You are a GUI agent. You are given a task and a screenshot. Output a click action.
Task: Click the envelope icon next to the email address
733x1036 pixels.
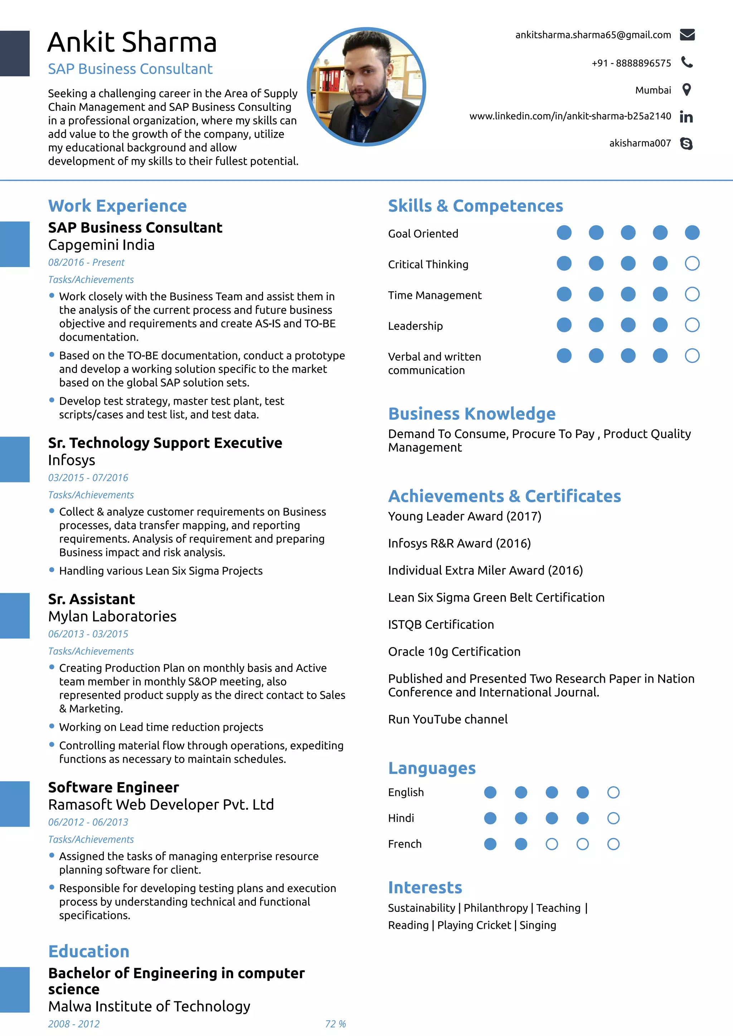coord(687,35)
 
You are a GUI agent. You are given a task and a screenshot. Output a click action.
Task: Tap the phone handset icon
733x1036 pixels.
coord(686,62)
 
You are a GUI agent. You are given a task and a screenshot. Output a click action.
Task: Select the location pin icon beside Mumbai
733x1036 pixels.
coord(686,90)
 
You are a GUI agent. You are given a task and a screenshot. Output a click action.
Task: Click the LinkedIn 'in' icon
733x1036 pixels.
coord(686,117)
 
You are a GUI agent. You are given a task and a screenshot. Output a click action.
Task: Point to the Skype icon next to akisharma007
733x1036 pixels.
coord(686,143)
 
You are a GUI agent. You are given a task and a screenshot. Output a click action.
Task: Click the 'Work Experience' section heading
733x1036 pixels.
coord(117,206)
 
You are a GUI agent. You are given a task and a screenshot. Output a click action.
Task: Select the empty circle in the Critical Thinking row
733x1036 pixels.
coord(692,263)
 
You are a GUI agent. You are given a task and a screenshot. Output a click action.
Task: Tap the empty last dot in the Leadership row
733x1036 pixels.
coord(692,325)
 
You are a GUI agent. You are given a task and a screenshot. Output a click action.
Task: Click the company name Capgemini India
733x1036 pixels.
coord(101,245)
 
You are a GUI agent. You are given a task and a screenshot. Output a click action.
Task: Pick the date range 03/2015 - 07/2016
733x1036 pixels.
coord(88,477)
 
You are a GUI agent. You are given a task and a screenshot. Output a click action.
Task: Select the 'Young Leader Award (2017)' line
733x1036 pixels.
coord(464,516)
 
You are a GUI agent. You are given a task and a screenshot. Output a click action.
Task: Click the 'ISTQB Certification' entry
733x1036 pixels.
coord(441,625)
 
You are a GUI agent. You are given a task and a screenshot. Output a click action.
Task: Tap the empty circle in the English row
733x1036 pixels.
coord(613,792)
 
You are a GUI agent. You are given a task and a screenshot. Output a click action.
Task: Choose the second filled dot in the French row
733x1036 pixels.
coord(521,844)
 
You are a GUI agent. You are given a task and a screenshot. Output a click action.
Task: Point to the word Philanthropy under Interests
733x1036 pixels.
coord(495,908)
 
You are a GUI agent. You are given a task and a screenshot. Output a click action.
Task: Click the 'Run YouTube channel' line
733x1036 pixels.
coord(448,719)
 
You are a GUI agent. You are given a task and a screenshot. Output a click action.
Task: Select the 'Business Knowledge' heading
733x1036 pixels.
coord(471,414)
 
